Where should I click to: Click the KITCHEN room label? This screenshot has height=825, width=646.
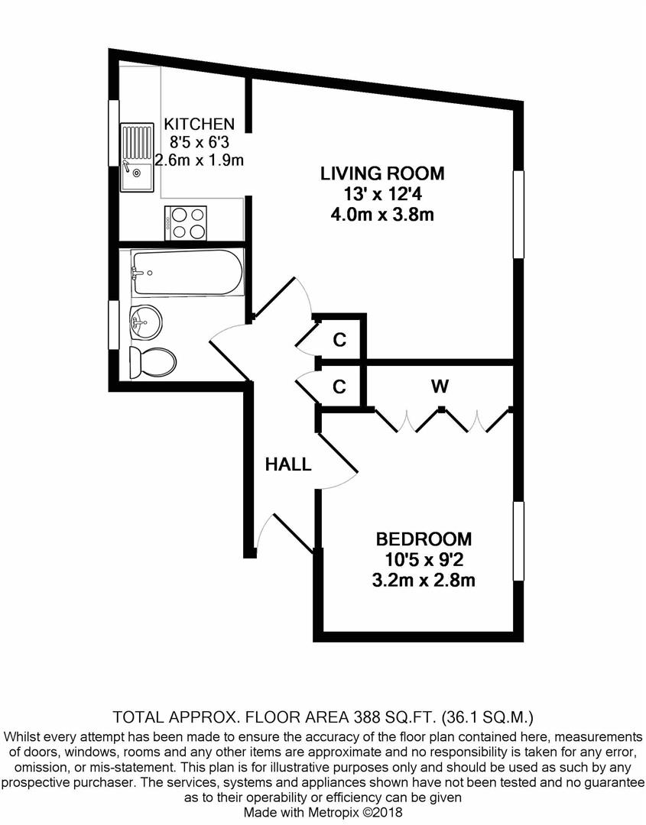pyautogui.click(x=199, y=125)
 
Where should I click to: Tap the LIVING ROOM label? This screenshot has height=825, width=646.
pyautogui.click(x=383, y=173)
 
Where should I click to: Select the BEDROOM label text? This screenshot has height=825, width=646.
pyautogui.click(x=424, y=539)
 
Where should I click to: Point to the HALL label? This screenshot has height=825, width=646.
pyautogui.click(x=288, y=464)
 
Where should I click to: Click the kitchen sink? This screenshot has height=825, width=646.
pyautogui.click(x=136, y=157)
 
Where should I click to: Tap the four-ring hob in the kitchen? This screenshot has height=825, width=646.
pyautogui.click(x=185, y=223)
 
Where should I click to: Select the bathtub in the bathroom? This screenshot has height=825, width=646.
pyautogui.click(x=187, y=272)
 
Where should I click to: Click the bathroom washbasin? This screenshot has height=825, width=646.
pyautogui.click(x=144, y=322)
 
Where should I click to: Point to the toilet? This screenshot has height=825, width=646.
pyautogui.click(x=153, y=363)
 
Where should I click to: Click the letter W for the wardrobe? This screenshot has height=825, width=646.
pyautogui.click(x=440, y=387)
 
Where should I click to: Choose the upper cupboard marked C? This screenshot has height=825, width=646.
pyautogui.click(x=339, y=341)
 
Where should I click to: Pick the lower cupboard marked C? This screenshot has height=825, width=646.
pyautogui.click(x=339, y=387)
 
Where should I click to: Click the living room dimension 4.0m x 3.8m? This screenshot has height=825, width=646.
pyautogui.click(x=382, y=215)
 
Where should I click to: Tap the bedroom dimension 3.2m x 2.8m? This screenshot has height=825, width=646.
pyautogui.click(x=424, y=580)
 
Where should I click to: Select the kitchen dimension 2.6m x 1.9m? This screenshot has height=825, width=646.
pyautogui.click(x=199, y=160)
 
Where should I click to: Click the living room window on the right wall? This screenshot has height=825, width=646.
pyautogui.click(x=518, y=214)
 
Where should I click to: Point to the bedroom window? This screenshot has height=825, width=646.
pyautogui.click(x=518, y=541)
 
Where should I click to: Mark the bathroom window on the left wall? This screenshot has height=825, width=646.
pyautogui.click(x=113, y=325)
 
